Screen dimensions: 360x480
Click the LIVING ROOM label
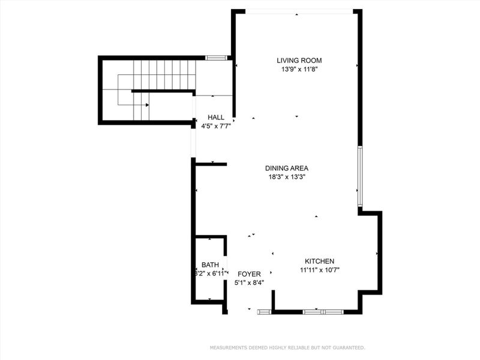[299, 60]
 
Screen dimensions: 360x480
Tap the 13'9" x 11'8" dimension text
[299, 69]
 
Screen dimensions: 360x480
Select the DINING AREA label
[287, 168]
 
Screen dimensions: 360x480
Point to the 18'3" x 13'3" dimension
[287, 177]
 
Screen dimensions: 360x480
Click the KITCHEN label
[319, 261]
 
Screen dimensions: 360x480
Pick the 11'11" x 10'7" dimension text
[319, 270]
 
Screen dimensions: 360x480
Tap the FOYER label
[249, 274]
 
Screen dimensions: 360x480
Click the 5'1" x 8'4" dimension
[249, 282]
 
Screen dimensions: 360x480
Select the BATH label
[210, 265]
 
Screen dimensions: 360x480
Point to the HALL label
[216, 117]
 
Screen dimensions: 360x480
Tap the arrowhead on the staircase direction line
[148, 105]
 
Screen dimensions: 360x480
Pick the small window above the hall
[215, 58]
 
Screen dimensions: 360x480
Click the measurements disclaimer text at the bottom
[287, 347]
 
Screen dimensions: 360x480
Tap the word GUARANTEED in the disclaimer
[346, 347]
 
